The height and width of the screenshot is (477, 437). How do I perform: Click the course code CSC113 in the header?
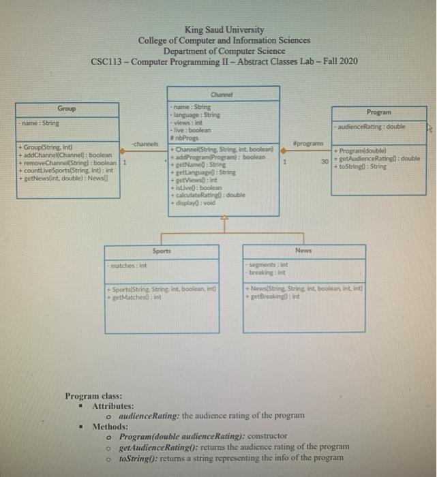point(106,62)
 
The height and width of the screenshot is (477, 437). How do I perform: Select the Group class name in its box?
point(66,108)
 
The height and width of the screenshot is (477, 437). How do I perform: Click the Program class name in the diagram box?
point(378,112)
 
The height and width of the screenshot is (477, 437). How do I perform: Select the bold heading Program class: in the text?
point(93,396)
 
